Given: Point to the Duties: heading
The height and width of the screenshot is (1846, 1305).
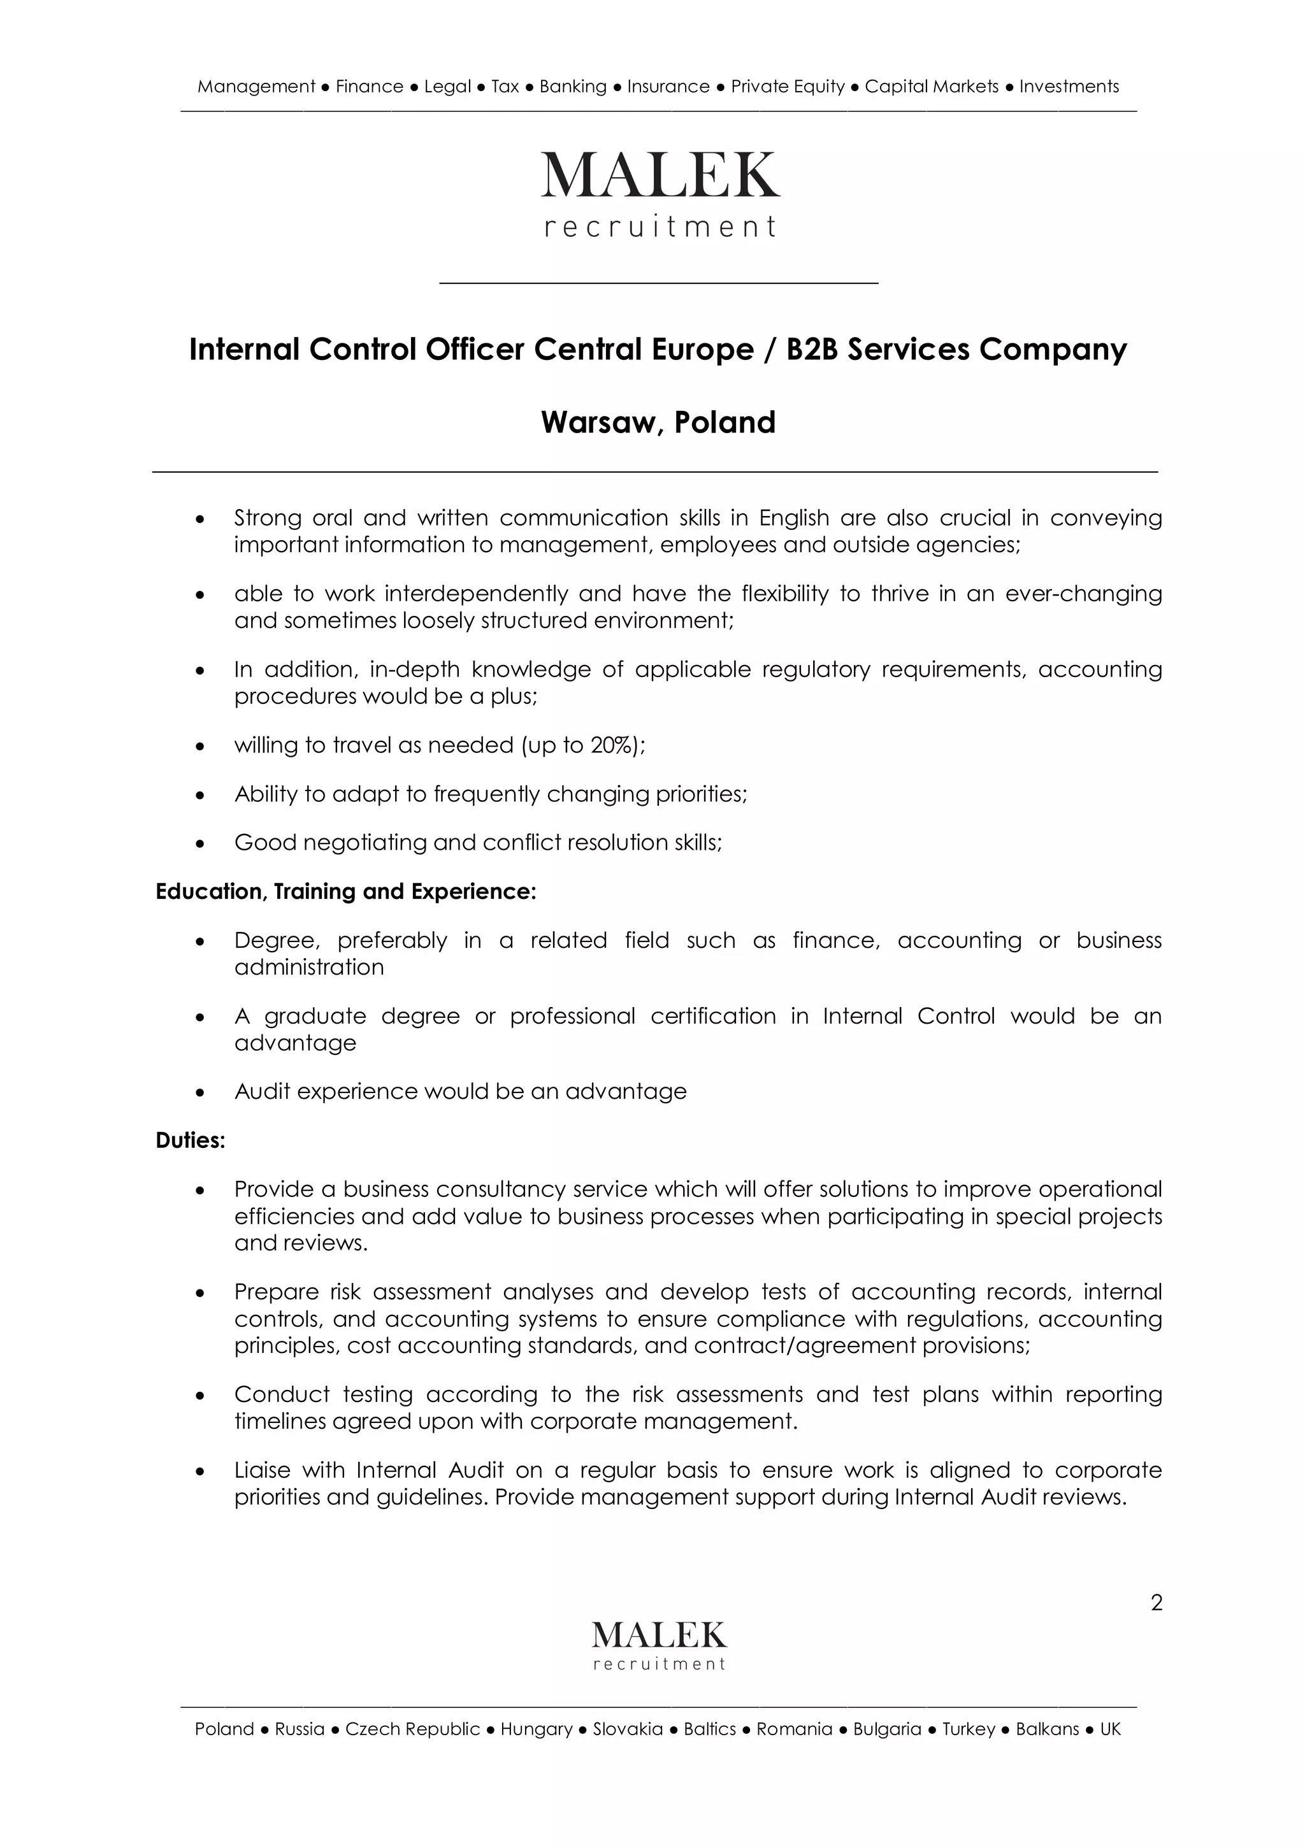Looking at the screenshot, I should (191, 1140).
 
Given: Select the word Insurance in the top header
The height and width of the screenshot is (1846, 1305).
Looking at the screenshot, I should (668, 87).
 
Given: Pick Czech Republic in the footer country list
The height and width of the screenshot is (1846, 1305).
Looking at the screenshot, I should (412, 1729).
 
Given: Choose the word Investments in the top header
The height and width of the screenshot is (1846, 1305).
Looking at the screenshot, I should (1069, 87).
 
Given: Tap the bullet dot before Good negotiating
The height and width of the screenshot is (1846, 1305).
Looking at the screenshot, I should (201, 844).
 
